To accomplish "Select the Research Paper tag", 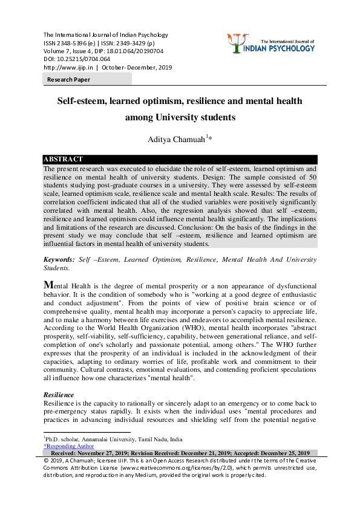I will tap(69, 79).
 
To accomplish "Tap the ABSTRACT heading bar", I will tap(63, 159).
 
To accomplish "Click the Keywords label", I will tap(59, 259).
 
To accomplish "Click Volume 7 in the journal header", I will tap(59, 51).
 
